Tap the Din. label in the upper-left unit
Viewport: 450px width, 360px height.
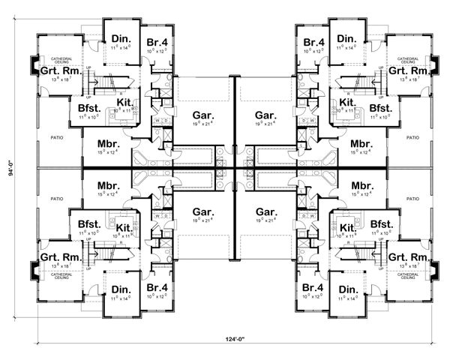[121, 39]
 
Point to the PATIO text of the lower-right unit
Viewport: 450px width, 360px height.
[412, 199]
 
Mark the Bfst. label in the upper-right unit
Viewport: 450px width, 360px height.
[380, 108]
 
